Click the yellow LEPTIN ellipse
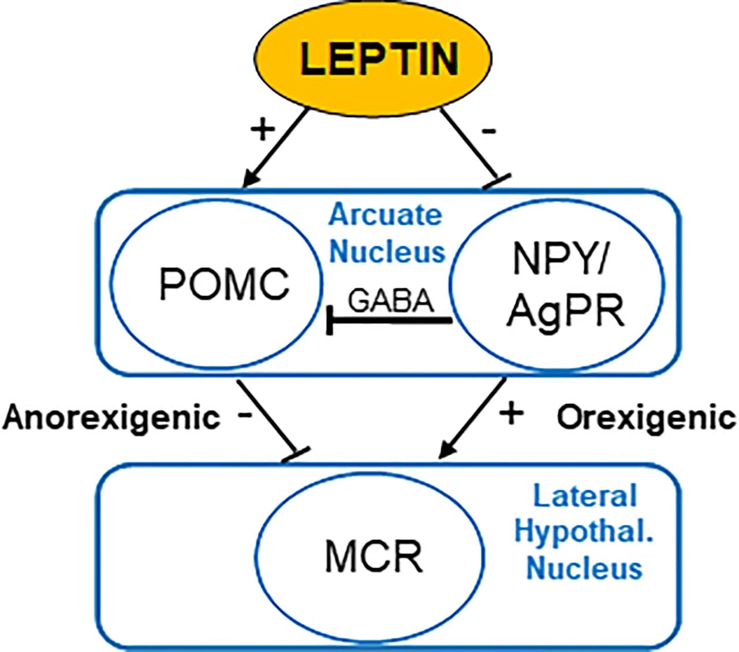[x=373, y=58]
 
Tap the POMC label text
[x=224, y=284]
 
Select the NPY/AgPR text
[x=565, y=286]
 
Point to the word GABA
[x=391, y=301]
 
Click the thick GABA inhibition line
[x=389, y=321]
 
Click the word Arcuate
[x=385, y=215]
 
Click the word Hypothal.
[x=584, y=532]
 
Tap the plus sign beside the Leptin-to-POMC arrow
[x=263, y=129]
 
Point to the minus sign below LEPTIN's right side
[x=489, y=131]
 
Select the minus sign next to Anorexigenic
[x=245, y=415]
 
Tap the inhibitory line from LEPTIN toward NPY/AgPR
[x=474, y=148]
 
